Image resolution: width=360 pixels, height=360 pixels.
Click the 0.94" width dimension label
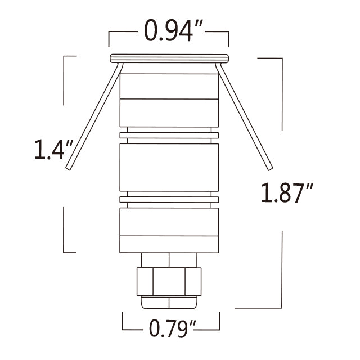(x=169, y=32)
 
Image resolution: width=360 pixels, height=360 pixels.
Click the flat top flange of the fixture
(x=169, y=57)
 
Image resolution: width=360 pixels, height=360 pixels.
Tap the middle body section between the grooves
(x=169, y=166)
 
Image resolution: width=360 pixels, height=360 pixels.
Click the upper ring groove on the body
(x=169, y=134)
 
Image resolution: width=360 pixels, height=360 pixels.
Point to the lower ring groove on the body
(x=169, y=199)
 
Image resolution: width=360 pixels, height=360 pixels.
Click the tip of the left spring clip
(x=68, y=168)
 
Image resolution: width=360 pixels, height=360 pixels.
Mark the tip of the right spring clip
(x=271, y=168)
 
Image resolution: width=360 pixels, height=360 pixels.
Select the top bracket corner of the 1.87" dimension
(x=281, y=58)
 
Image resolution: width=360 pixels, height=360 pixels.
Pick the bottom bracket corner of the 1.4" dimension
(x=64, y=251)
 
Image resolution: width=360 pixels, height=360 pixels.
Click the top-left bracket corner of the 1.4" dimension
(x=64, y=56)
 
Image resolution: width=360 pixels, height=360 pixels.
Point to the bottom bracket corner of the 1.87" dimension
(x=281, y=307)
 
